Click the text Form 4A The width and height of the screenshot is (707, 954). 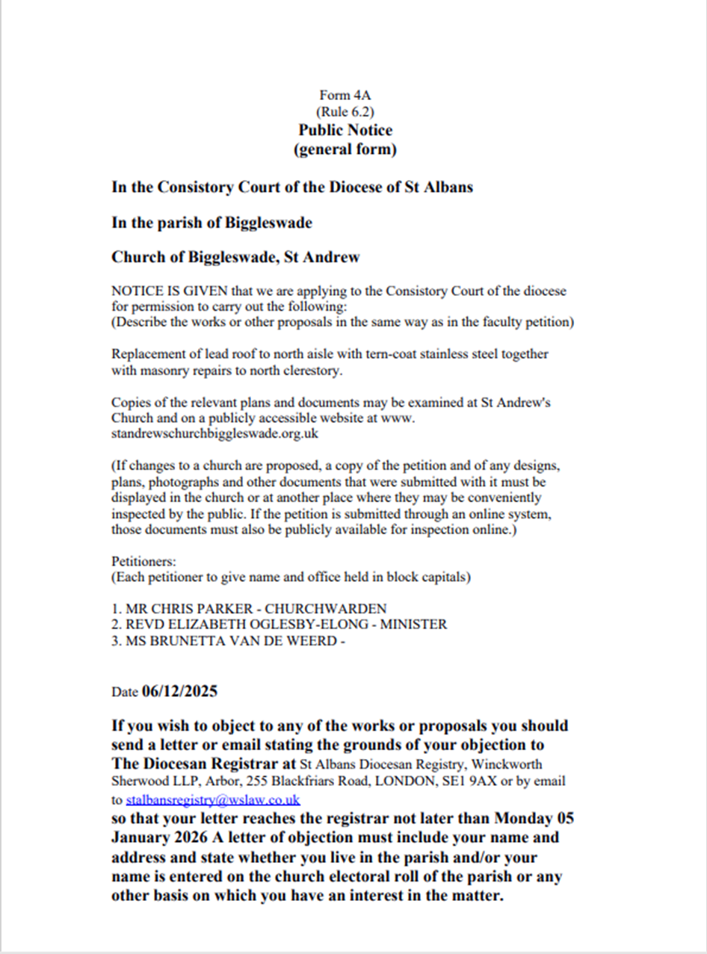click(x=345, y=95)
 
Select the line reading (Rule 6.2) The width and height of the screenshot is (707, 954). click(x=345, y=112)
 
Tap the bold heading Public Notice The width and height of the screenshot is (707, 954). click(x=345, y=130)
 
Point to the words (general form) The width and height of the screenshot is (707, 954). click(x=345, y=149)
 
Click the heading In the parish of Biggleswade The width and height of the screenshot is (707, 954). click(x=212, y=223)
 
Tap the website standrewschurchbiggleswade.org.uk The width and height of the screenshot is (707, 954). click(x=221, y=433)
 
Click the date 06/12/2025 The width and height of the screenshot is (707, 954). click(x=179, y=691)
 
